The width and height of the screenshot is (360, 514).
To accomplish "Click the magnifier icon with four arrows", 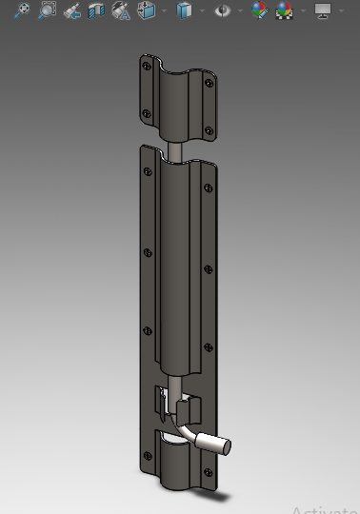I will click(x=20, y=10).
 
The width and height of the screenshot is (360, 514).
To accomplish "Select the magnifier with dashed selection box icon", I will click(x=46, y=10).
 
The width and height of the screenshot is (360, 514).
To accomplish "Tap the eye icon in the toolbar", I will click(x=223, y=10).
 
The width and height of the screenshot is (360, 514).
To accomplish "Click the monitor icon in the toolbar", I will click(x=323, y=10).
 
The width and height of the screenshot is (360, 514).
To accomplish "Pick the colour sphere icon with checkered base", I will click(x=284, y=10).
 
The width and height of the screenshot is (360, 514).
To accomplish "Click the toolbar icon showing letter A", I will click(x=121, y=10).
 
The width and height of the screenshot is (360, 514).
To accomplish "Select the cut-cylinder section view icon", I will click(x=96, y=10).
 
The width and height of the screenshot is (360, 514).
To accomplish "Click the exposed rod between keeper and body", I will click(x=177, y=150).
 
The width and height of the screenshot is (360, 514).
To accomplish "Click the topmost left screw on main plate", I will click(x=146, y=172).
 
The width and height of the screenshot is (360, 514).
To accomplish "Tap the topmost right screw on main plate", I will click(x=204, y=188).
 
